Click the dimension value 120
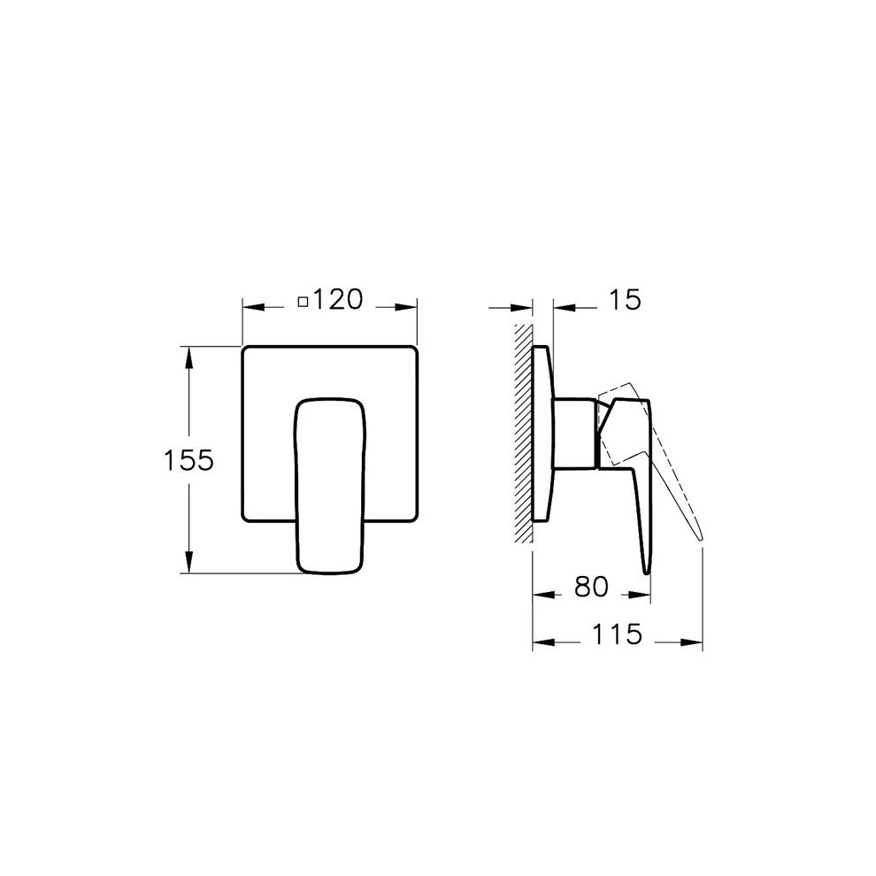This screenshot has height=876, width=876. pos(337,301)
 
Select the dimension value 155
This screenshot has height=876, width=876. pos(188,461)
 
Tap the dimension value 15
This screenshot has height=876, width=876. pos(624,301)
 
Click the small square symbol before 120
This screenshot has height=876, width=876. pos(303,303)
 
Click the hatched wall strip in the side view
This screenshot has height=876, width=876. pos(523,434)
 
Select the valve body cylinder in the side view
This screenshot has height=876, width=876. pos(575,432)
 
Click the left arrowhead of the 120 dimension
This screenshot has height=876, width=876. pos(249,307)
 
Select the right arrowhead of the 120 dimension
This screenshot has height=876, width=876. pos(410,307)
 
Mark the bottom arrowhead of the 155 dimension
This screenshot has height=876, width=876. pos(188,566)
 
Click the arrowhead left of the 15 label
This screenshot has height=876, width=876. pos(560,307)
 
